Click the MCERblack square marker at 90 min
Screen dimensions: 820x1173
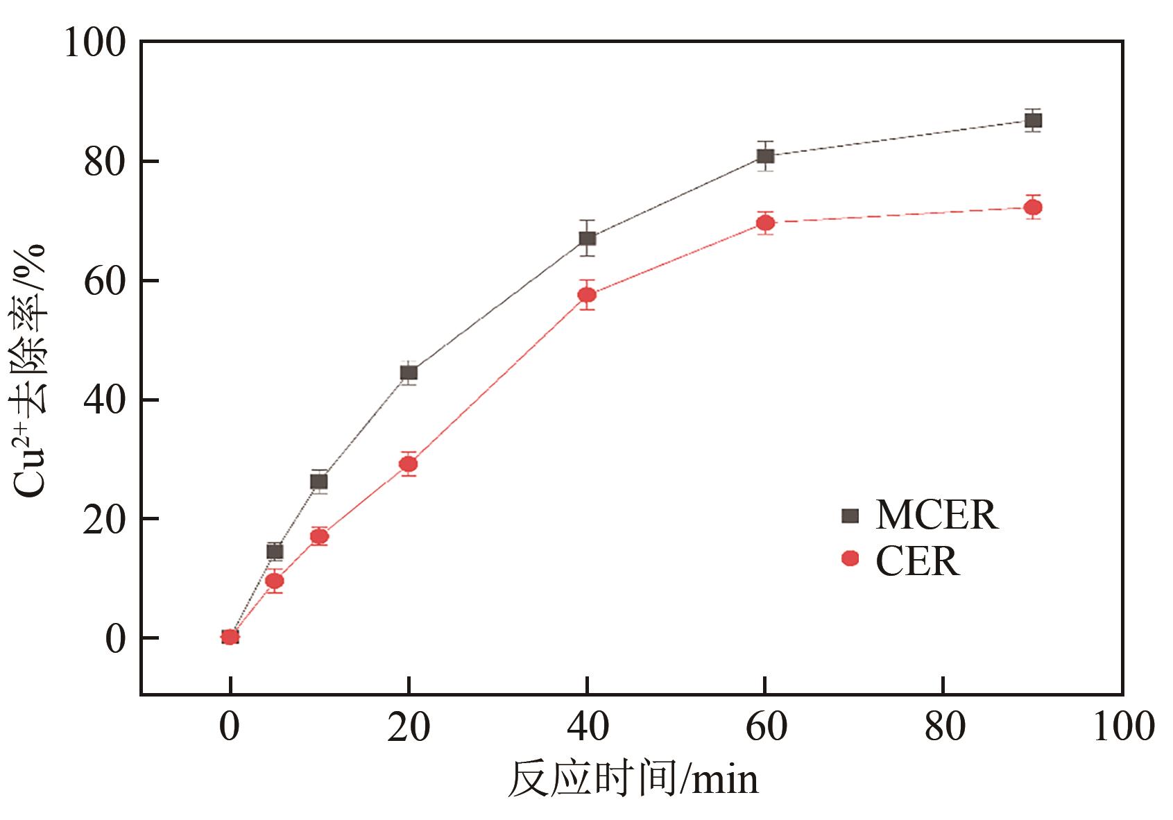1033,121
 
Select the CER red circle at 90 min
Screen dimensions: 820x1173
1033,207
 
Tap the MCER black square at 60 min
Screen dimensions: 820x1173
765,156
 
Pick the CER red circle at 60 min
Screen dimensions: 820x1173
765,223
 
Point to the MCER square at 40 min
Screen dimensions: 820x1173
587,239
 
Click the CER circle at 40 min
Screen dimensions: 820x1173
587,295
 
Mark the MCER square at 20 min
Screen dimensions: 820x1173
409,373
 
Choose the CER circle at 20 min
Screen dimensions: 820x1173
409,464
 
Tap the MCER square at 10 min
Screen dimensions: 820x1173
319,481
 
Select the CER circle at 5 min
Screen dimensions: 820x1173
275,581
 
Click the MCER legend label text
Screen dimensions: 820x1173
936,515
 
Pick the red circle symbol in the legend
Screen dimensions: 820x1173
850,558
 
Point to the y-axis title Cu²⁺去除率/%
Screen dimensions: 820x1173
31,370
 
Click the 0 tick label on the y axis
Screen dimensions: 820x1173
115,638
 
